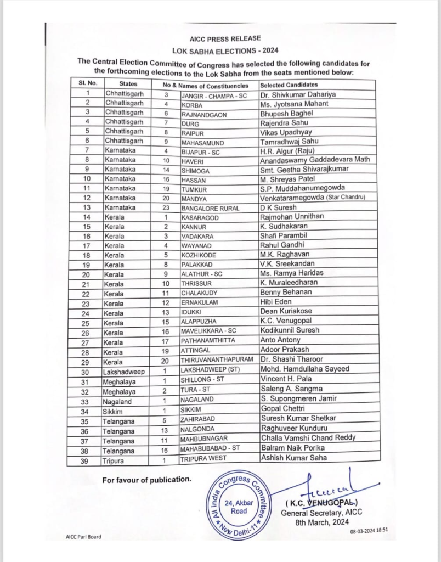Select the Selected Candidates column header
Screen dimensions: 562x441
(x=289, y=85)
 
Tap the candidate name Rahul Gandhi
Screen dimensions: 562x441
(x=282, y=245)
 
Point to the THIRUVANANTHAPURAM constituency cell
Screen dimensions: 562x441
(x=218, y=359)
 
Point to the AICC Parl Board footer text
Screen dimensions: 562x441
(x=81, y=537)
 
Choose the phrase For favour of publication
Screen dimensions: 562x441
(x=146, y=480)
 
